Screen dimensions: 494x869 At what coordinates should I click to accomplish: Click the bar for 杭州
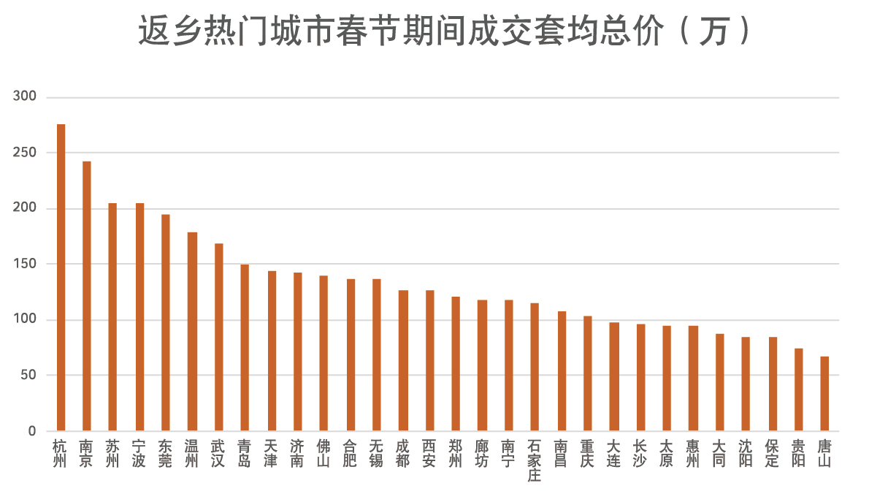(x=61, y=278)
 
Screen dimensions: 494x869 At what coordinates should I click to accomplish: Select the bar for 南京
(x=87, y=296)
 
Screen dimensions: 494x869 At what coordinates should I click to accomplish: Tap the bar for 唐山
(x=824, y=394)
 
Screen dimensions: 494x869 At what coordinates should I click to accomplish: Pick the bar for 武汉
(x=218, y=337)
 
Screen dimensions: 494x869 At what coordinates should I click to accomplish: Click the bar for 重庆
(x=587, y=373)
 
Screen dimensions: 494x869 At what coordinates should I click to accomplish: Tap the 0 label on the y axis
(x=31, y=431)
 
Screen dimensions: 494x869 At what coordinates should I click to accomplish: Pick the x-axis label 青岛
(x=245, y=453)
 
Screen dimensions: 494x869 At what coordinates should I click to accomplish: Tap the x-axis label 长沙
(x=640, y=453)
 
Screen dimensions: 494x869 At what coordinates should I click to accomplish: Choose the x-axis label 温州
(x=192, y=453)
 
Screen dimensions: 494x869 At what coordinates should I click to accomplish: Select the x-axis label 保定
(x=772, y=453)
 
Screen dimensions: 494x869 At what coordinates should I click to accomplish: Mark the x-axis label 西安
(x=429, y=453)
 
